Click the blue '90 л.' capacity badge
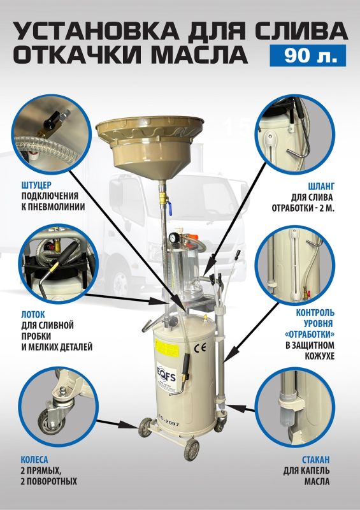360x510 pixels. (x=308, y=55)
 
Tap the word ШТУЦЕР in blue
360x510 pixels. (x=36, y=186)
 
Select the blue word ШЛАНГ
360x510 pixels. (x=321, y=186)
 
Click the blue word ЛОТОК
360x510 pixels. (x=33, y=314)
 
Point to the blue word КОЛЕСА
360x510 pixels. (x=34, y=460)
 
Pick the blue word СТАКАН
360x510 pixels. (x=316, y=460)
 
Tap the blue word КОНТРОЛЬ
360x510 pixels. (x=315, y=313)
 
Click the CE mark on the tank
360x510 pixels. (x=199, y=347)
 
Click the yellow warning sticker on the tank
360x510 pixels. (x=167, y=347)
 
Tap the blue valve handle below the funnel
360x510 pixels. (x=170, y=208)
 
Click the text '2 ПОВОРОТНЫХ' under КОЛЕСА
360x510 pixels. (x=49, y=481)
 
